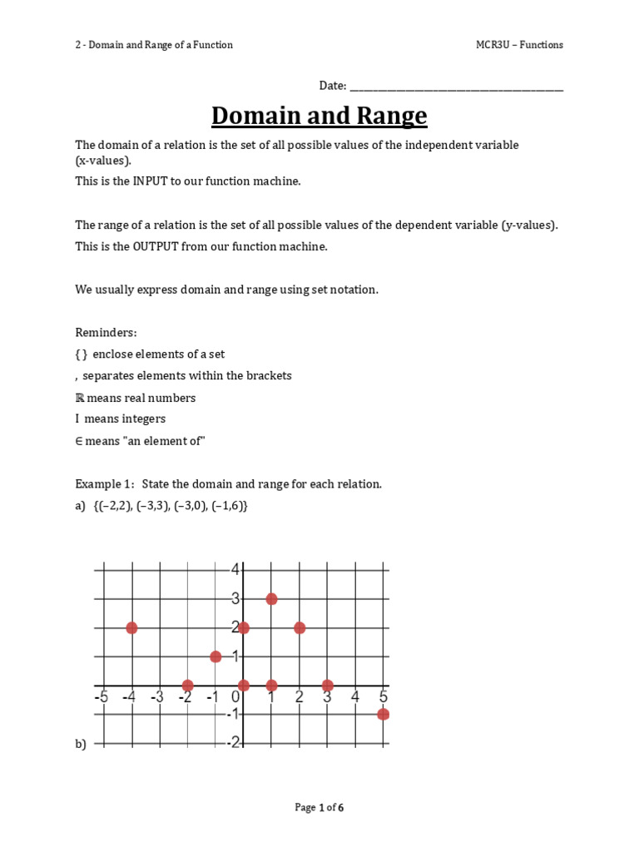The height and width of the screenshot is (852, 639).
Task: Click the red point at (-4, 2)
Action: [131, 627]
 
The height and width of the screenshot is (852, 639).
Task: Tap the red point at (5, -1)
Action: [383, 714]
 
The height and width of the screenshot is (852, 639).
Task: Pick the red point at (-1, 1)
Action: [215, 656]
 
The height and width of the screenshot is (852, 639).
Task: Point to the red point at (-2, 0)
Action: [188, 686]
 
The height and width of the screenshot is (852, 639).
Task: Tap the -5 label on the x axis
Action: [102, 697]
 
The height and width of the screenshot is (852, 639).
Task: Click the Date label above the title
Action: [332, 86]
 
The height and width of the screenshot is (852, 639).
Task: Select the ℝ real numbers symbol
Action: [80, 398]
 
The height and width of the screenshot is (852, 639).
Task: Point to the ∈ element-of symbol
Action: [79, 441]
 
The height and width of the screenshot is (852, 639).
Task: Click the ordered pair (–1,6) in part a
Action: [228, 505]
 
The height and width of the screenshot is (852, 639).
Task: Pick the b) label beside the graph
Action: [81, 745]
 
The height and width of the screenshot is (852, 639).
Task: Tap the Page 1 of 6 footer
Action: [319, 807]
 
